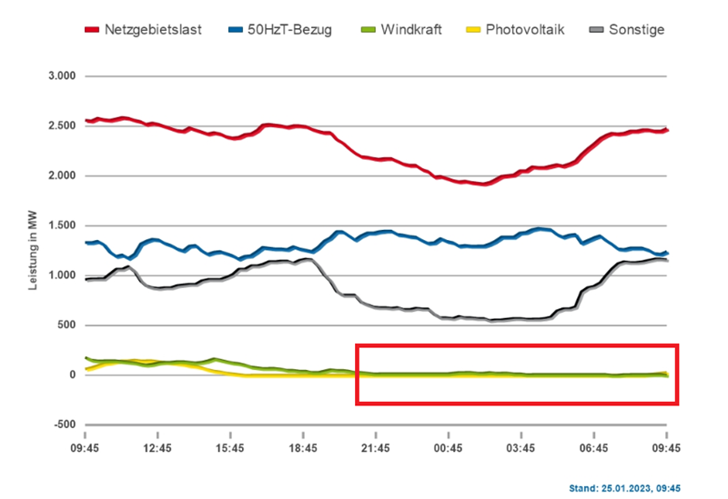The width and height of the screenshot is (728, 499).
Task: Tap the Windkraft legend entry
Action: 412,30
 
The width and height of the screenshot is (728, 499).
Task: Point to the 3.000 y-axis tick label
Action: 59,75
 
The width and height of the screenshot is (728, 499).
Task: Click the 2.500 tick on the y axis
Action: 59,125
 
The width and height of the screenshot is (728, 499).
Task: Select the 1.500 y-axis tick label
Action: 59,225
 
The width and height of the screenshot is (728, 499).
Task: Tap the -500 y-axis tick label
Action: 63,424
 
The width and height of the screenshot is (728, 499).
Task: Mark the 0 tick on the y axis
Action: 70,374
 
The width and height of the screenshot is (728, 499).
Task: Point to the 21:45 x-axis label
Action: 377,447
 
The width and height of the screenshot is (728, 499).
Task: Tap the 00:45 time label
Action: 450,447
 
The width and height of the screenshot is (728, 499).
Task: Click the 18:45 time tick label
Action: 304,447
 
